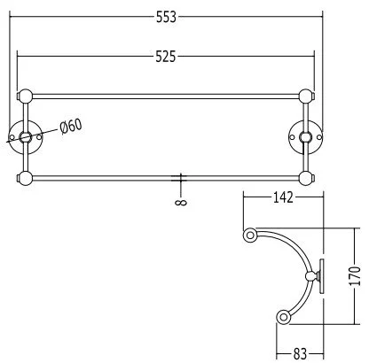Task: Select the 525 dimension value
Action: pyautogui.click(x=166, y=57)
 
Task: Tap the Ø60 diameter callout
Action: pyautogui.click(x=71, y=126)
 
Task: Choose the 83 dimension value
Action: pyautogui.click(x=302, y=354)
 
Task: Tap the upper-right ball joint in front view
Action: pyautogui.click(x=307, y=96)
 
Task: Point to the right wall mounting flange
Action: pyautogui.click(x=307, y=136)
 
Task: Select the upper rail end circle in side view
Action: pyautogui.click(x=251, y=236)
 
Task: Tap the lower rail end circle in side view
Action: pyautogui.click(x=285, y=315)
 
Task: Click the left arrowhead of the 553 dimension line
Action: pyautogui.click(x=12, y=15)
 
